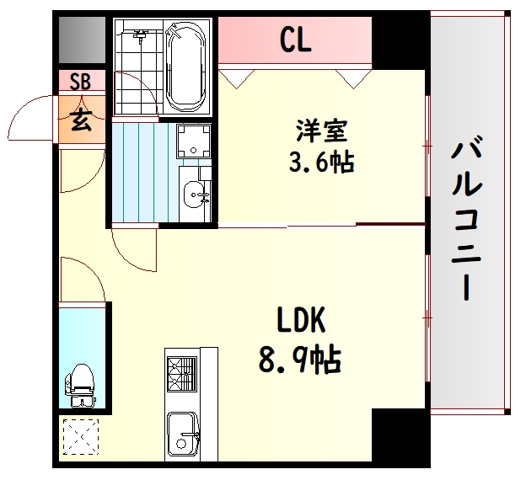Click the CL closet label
(296, 40)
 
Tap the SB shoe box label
(81, 81)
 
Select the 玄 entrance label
(82, 120)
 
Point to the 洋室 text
(322, 131)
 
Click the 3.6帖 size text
(322, 162)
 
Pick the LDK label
(301, 319)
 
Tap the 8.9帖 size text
(300, 360)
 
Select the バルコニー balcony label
(466, 217)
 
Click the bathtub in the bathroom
(185, 67)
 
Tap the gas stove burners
(182, 374)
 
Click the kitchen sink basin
(183, 435)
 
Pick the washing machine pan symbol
(194, 141)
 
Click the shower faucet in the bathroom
(141, 35)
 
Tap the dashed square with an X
(81, 437)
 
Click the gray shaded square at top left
(83, 40)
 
